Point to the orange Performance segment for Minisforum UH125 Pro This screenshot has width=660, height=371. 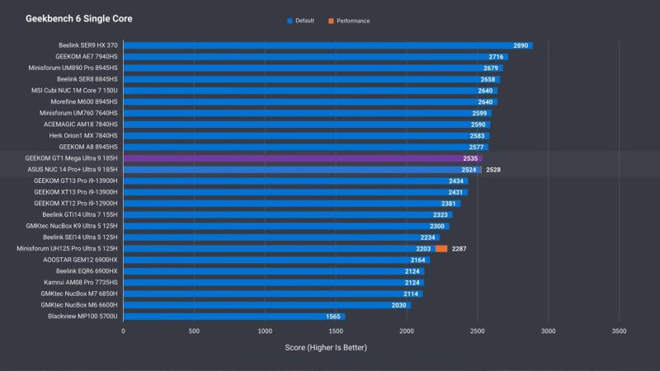[x=441, y=248]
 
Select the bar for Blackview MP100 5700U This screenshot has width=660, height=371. [x=234, y=316]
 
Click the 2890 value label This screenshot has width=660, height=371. [x=521, y=46]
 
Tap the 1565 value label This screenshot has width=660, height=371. [x=333, y=316]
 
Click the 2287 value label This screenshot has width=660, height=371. [x=460, y=248]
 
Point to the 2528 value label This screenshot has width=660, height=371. [x=493, y=170]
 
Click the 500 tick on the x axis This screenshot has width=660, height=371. [x=194, y=330]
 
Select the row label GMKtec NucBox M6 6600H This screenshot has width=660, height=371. [x=79, y=304]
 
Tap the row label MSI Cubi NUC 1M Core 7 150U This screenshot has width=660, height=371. [x=75, y=91]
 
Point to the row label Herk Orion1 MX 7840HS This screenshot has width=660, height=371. [x=83, y=135]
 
